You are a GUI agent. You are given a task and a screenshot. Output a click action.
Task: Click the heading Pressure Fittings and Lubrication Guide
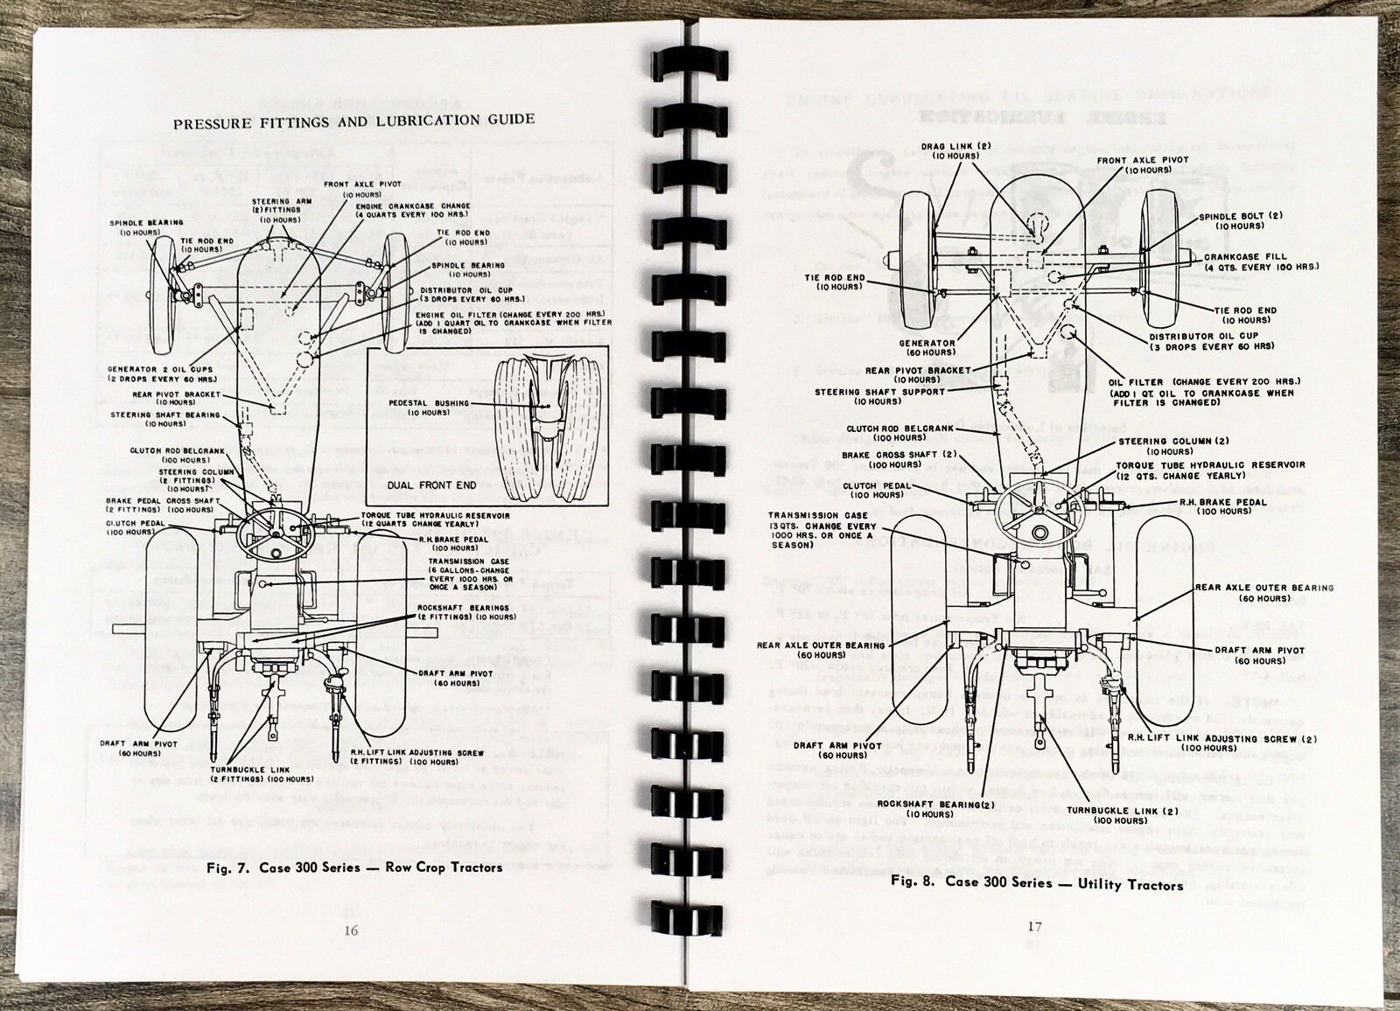[x=353, y=121]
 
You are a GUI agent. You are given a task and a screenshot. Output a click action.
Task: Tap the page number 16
[x=350, y=931]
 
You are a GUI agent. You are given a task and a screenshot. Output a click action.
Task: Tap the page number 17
[x=1034, y=927]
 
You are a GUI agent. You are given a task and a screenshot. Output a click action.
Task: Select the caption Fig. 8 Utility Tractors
[x=1037, y=883]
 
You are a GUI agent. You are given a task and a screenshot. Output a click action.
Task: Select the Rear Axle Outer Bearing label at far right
[x=1264, y=593]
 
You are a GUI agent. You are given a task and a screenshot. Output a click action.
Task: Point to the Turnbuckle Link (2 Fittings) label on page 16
[x=262, y=774]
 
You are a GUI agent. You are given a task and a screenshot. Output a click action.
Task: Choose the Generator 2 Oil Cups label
[x=162, y=374]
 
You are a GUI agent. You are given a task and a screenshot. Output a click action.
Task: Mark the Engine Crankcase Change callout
[x=413, y=210]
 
